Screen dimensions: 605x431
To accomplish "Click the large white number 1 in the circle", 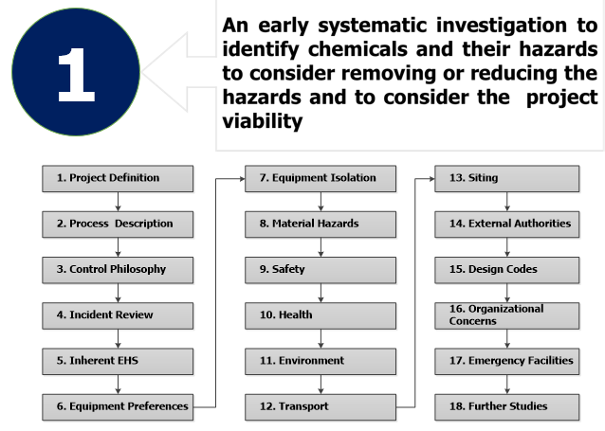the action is click(x=76, y=75).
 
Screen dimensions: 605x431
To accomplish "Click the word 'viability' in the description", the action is click(x=263, y=120).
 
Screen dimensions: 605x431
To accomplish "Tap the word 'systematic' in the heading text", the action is click(x=373, y=26).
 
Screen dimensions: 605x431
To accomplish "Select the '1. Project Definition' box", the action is click(x=118, y=178).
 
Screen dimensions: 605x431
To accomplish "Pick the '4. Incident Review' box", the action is click(x=118, y=315).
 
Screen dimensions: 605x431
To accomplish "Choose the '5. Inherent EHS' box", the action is click(x=118, y=361).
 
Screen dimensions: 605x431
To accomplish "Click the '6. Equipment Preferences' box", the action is click(x=118, y=407).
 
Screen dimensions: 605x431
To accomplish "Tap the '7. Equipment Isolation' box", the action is click(x=321, y=178).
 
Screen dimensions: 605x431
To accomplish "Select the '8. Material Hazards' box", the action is click(x=321, y=224).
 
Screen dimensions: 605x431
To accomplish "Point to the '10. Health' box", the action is click(x=321, y=315).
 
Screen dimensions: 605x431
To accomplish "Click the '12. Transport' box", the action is click(x=321, y=407).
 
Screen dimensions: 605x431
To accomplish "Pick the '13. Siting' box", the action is click(x=507, y=178).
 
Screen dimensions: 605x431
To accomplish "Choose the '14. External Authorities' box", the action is click(x=507, y=224).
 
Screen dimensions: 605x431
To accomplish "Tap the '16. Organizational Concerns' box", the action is click(x=507, y=315).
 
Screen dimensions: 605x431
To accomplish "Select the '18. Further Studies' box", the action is click(x=507, y=407).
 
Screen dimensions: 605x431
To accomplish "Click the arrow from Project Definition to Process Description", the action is click(x=119, y=202).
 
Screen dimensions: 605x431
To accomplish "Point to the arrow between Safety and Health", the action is click(x=321, y=293).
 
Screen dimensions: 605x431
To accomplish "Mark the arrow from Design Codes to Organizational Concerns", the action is click(x=507, y=293).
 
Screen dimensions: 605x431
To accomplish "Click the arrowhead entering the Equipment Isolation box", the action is click(x=243, y=178).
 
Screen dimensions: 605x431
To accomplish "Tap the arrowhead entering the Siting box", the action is click(x=432, y=178).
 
